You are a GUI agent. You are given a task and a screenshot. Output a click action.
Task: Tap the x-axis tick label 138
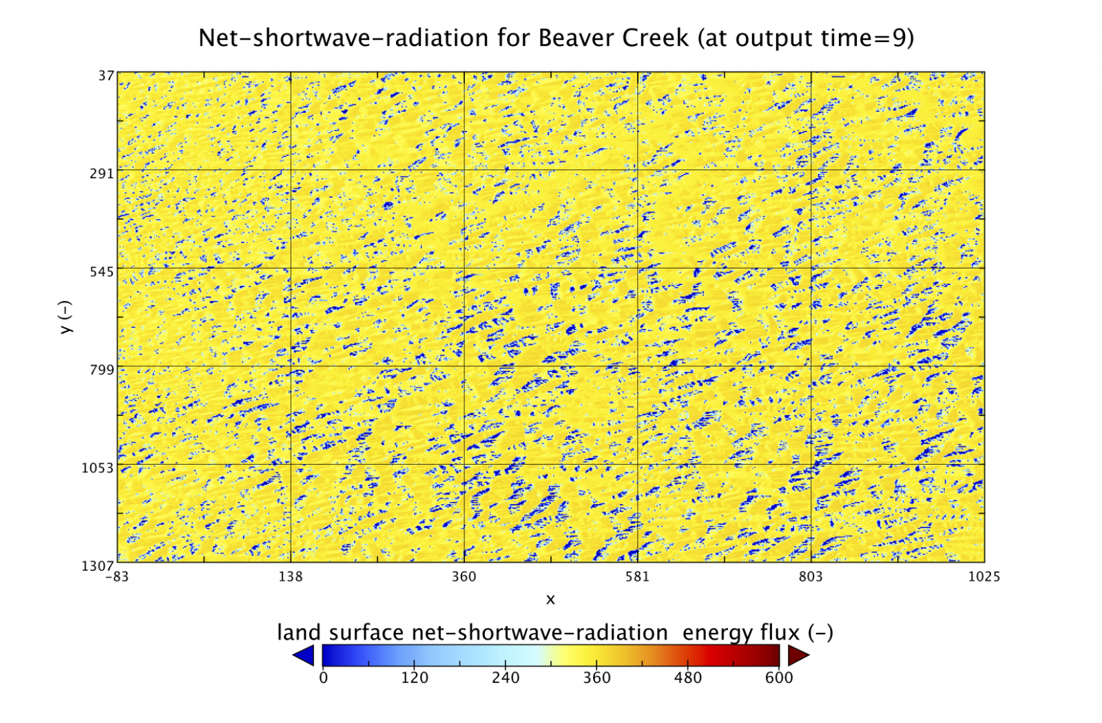pos(291,577)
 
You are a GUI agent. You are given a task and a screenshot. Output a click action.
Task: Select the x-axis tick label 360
pos(464,577)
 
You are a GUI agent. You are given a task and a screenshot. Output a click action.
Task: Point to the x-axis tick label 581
pos(637,577)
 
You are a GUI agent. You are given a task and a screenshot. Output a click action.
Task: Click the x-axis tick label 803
pos(811,577)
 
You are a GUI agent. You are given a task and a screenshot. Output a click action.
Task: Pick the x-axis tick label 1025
pos(984,577)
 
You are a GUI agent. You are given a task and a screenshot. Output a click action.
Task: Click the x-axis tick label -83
pos(117,577)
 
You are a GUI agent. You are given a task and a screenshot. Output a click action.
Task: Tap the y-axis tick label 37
pos(105,75)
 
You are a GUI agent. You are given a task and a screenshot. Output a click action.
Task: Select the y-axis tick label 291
pos(101,174)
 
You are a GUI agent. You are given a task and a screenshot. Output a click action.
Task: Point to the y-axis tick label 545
pos(101,272)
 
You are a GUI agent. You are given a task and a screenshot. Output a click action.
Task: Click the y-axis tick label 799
pos(101,370)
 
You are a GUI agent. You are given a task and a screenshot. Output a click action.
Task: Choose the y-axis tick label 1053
pos(98,468)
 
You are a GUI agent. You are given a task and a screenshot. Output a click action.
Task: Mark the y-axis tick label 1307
pos(98,566)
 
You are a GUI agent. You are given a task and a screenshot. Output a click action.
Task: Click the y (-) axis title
pos(65,317)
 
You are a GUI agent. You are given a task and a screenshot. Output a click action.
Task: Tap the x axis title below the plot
pos(550,600)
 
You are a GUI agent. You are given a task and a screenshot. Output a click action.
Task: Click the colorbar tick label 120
pos(415,678)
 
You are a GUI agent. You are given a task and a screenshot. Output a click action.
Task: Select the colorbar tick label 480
pos(687,678)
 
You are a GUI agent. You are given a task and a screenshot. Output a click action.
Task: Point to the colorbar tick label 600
pos(779,678)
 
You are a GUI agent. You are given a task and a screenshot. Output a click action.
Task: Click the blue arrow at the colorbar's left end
pos(304,656)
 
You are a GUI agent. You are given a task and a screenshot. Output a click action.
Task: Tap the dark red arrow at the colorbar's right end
pos(798,656)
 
